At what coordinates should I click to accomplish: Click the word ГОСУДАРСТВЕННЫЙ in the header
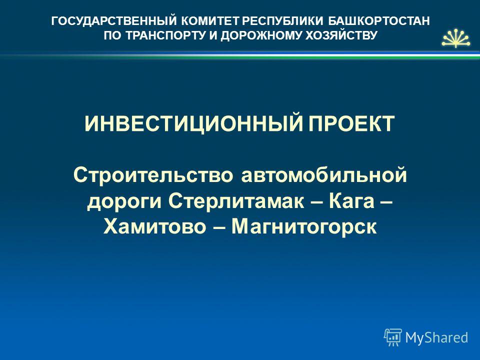[114, 21]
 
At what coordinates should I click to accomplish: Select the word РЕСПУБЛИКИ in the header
[282, 21]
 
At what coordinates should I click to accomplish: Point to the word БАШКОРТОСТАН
[379, 21]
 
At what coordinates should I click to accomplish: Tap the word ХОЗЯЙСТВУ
[341, 35]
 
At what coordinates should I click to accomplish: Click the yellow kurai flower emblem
[456, 38]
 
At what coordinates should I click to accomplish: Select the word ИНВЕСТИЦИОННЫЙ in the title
[194, 123]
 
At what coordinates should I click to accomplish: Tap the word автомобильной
[324, 175]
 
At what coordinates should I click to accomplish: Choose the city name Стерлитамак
[236, 201]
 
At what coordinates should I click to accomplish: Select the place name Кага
[351, 201]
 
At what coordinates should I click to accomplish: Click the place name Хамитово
[155, 227]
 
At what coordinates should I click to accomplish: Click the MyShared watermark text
[436, 337]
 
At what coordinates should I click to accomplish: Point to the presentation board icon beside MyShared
[393, 337]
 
